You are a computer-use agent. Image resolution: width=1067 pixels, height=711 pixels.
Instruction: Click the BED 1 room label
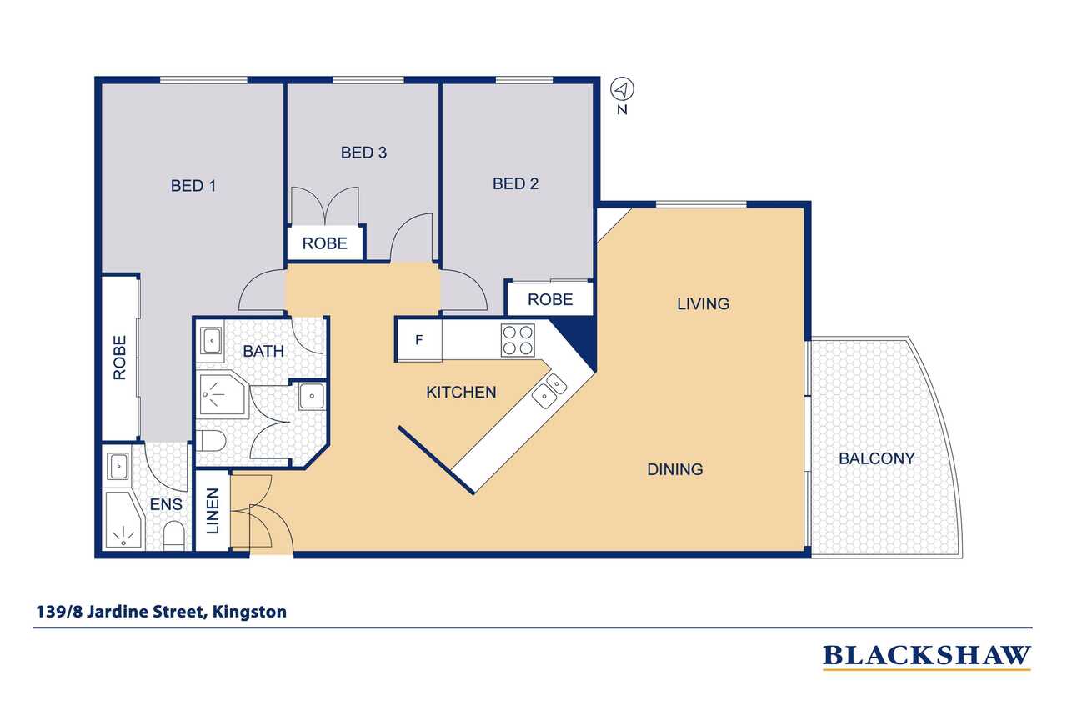193,186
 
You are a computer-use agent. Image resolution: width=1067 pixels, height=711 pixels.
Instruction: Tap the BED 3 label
363,153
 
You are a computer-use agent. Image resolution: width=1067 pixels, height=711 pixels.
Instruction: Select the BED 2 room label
515,183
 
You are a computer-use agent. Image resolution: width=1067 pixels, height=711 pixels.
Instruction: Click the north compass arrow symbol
622,89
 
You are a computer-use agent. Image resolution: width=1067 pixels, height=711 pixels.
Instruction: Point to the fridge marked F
419,339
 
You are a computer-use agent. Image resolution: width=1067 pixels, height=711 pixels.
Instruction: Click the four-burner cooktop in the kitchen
518,340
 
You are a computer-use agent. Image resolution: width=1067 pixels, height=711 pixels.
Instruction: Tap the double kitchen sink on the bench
549,391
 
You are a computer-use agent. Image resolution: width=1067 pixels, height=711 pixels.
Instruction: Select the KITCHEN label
461,393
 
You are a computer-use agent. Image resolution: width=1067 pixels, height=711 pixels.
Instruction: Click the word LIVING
703,304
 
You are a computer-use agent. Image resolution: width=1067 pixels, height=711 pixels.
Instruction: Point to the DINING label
675,469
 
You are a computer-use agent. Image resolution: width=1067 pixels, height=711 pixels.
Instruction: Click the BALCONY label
877,458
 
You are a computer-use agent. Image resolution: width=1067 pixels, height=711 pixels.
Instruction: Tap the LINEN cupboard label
213,510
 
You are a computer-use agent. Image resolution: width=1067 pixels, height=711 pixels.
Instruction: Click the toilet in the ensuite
174,536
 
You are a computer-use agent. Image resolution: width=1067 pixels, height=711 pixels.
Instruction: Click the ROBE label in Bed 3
325,243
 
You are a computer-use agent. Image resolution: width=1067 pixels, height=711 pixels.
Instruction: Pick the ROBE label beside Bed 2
550,299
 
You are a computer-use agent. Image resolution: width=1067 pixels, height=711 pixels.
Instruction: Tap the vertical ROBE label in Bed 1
119,358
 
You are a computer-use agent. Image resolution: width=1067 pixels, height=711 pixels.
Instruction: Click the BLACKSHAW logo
926,656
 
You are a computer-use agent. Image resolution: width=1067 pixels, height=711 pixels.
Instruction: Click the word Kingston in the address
249,612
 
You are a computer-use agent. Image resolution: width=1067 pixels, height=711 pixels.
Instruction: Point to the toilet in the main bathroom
211,441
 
